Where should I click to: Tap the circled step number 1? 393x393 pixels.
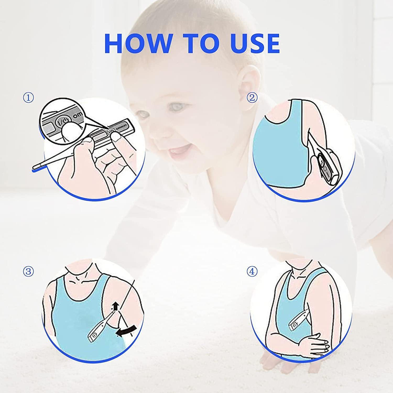[29, 98]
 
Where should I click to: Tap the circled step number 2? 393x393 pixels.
[252, 98]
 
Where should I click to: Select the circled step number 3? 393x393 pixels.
[29, 271]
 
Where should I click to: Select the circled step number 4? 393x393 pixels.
[252, 271]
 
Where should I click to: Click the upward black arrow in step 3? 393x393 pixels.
[114, 305]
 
